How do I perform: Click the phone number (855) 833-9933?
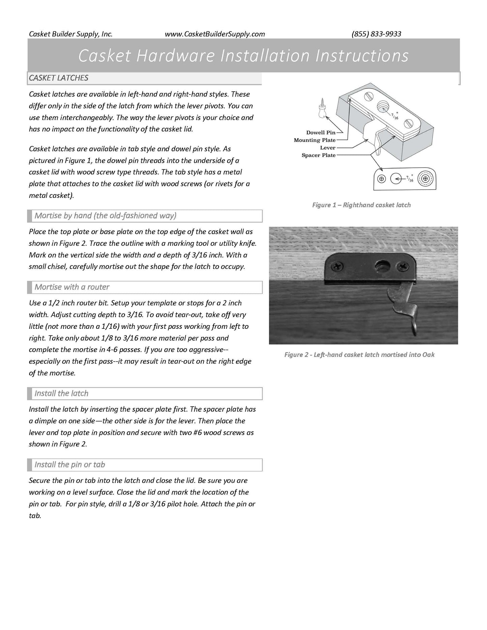376,34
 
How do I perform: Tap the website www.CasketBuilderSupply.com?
215,34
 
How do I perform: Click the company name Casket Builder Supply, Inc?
71,34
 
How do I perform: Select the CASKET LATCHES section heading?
59,78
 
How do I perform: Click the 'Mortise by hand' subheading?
105,216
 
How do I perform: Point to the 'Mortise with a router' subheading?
72,287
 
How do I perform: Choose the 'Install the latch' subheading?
61,393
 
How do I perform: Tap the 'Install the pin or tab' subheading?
70,465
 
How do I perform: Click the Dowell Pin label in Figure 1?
321,132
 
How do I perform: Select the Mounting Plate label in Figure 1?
314,140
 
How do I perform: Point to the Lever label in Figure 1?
328,148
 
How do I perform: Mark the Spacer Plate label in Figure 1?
318,155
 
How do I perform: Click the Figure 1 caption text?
361,205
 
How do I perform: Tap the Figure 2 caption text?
359,354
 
